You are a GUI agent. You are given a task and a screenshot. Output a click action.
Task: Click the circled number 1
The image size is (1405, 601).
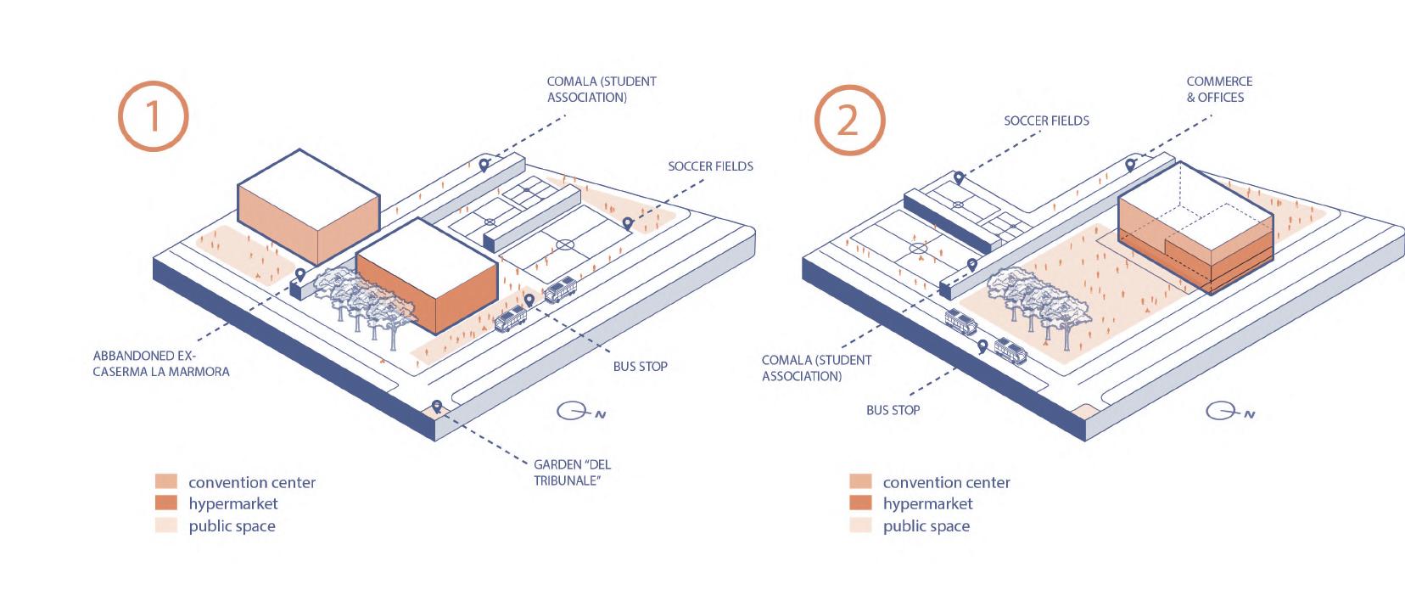point(153,116)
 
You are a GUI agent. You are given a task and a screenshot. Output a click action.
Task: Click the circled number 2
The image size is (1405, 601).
point(848,121)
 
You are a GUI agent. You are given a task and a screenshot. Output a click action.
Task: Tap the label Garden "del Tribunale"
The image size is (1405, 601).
point(572,473)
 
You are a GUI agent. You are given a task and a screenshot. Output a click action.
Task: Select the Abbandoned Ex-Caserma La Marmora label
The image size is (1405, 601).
point(160,363)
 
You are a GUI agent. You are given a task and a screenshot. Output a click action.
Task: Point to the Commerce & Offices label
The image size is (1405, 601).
point(1219,89)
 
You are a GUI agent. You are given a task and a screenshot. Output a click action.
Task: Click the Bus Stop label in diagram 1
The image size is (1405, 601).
point(640,367)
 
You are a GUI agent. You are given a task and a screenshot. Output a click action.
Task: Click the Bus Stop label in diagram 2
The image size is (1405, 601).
point(893,410)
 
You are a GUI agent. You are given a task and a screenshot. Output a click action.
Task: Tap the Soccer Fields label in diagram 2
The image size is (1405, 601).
point(1046,121)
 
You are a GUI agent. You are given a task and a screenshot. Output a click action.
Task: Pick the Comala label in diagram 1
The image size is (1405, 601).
point(601,89)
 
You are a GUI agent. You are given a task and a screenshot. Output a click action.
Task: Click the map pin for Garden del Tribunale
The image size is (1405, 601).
point(437,407)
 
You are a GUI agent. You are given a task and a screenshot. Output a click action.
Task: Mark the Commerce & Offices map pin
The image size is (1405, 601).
point(1130,166)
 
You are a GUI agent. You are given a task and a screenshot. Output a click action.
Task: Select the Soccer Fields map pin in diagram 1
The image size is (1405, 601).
point(628,223)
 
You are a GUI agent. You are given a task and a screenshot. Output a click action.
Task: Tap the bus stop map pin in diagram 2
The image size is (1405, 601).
point(982,346)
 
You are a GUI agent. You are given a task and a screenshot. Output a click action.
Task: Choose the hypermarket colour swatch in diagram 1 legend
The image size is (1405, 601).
point(166,503)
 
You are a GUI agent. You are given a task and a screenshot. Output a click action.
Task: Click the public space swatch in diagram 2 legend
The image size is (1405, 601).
point(860,525)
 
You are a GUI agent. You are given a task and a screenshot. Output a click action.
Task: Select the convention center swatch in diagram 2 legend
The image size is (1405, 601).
point(860,482)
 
